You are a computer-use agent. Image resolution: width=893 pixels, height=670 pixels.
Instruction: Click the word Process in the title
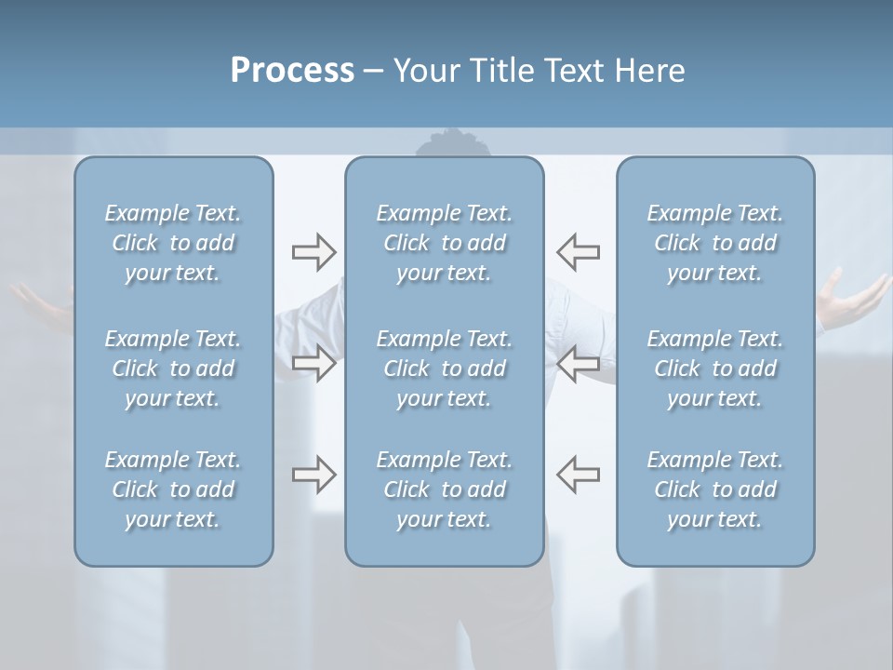[292, 71]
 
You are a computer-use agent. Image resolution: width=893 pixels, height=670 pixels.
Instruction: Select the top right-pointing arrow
[313, 251]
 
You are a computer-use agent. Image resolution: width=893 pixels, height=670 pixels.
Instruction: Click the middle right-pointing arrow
[313, 363]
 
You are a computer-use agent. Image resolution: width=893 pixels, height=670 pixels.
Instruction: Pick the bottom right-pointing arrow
[313, 475]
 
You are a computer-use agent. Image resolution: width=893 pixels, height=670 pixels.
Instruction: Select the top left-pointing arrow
[578, 251]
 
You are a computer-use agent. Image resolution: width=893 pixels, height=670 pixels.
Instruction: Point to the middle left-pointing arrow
[578, 363]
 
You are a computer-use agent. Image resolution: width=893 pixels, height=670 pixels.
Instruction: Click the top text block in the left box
[173, 243]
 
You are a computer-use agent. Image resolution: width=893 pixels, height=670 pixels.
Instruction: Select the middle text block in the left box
[173, 368]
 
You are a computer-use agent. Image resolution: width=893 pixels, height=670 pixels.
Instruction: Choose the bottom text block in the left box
[173, 489]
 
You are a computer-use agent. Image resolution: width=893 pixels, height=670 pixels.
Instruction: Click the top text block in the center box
[444, 243]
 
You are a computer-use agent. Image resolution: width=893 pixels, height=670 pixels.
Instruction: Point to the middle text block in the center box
[444, 368]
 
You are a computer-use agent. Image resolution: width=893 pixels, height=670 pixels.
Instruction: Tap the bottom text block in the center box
[444, 489]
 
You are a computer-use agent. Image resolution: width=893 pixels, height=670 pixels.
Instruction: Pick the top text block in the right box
[714, 243]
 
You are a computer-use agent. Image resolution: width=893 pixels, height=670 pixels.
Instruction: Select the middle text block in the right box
[714, 368]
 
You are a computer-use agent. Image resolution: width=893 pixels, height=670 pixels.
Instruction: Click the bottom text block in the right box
[714, 489]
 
